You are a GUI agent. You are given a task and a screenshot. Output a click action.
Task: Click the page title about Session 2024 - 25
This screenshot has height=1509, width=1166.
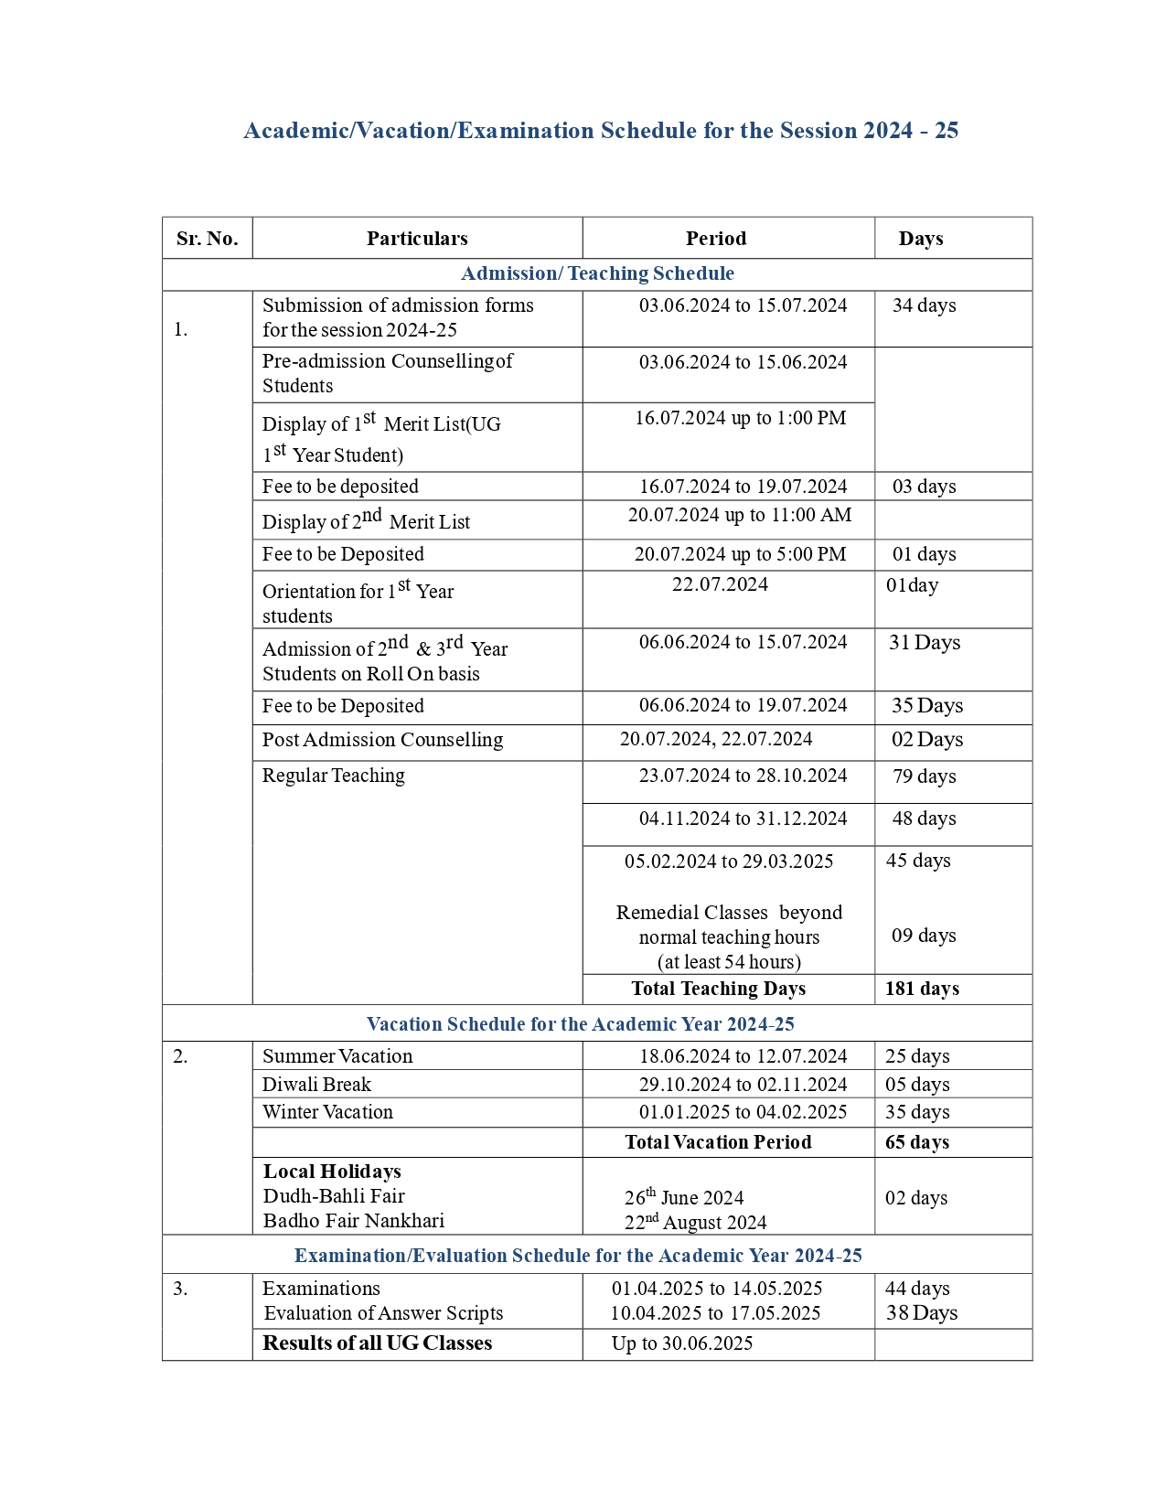pos(600,131)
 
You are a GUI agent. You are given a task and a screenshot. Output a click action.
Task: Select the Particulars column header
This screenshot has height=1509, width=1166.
pos(417,239)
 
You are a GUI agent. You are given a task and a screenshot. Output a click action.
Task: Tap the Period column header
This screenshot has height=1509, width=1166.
pos(716,239)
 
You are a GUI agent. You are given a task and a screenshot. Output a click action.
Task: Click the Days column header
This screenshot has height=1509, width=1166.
pos(920,239)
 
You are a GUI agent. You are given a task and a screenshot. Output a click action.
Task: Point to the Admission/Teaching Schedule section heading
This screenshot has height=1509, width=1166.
pos(597,273)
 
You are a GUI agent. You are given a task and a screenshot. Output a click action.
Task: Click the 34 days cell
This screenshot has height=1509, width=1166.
pos(924,305)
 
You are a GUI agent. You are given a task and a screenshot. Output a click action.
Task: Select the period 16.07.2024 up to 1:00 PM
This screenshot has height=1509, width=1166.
pos(741,418)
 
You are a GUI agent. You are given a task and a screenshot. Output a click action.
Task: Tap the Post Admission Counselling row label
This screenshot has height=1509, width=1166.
pos(382,740)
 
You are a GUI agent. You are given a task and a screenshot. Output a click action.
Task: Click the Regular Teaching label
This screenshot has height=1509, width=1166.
pos(333,776)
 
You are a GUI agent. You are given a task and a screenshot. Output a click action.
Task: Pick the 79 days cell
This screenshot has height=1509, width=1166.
pos(924,776)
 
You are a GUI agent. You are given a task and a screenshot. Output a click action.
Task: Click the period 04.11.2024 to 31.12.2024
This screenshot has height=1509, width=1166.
pos(743,819)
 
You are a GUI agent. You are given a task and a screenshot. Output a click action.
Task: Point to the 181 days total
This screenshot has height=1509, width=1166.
pos(922,989)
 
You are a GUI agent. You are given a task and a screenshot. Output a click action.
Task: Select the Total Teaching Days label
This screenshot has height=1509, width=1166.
pos(718,989)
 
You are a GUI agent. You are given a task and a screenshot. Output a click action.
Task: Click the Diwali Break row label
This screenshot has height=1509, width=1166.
pos(316,1085)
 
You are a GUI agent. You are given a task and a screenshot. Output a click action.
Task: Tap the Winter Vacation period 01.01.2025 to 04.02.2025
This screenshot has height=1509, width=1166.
pos(743,1112)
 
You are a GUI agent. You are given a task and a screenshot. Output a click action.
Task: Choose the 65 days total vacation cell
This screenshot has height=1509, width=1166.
pos(917,1142)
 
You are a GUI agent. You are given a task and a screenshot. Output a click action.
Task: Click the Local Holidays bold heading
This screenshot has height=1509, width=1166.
pos(332,1172)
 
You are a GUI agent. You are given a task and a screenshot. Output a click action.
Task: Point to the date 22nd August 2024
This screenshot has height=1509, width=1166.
pos(695,1223)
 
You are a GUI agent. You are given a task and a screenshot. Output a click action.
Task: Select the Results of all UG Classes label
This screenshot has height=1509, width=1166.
pos(377,1343)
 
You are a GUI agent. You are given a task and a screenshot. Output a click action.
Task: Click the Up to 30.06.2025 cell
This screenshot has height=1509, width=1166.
pos(682,1343)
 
